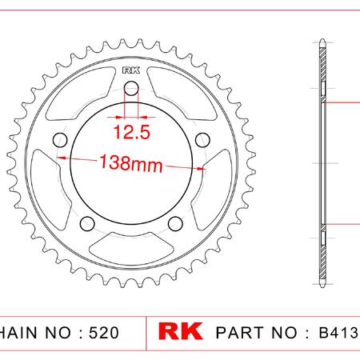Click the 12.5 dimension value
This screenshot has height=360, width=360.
(132, 132)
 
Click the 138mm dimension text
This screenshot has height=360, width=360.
(131, 163)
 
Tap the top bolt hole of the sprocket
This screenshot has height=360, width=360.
(131, 89)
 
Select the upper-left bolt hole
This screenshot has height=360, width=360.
(60, 140)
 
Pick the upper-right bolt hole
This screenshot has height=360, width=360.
(202, 140)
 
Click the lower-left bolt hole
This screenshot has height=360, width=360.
(87, 223)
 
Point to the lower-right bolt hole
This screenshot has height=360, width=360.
(175, 223)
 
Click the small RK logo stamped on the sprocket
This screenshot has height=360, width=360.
(131, 70)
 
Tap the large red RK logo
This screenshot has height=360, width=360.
(181, 331)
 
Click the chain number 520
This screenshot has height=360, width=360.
(104, 333)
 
